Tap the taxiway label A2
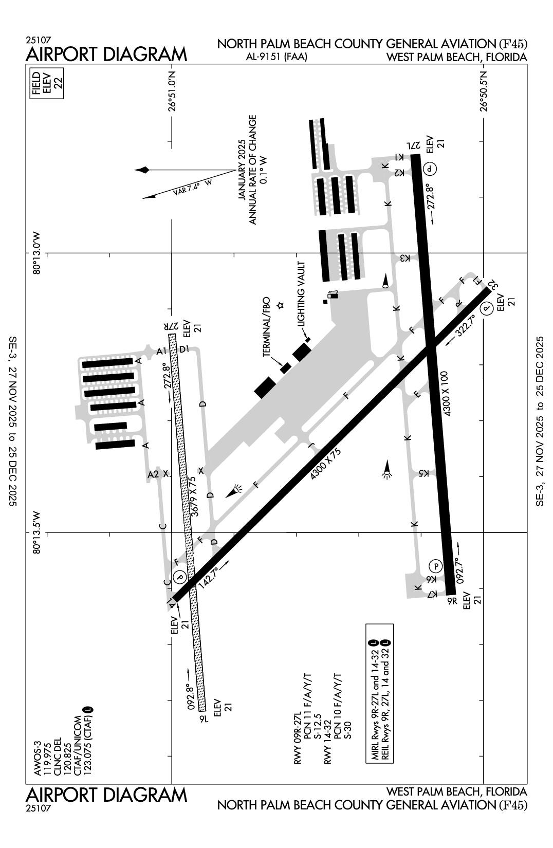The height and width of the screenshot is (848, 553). click(153, 474)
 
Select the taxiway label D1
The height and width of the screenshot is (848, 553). click(185, 349)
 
